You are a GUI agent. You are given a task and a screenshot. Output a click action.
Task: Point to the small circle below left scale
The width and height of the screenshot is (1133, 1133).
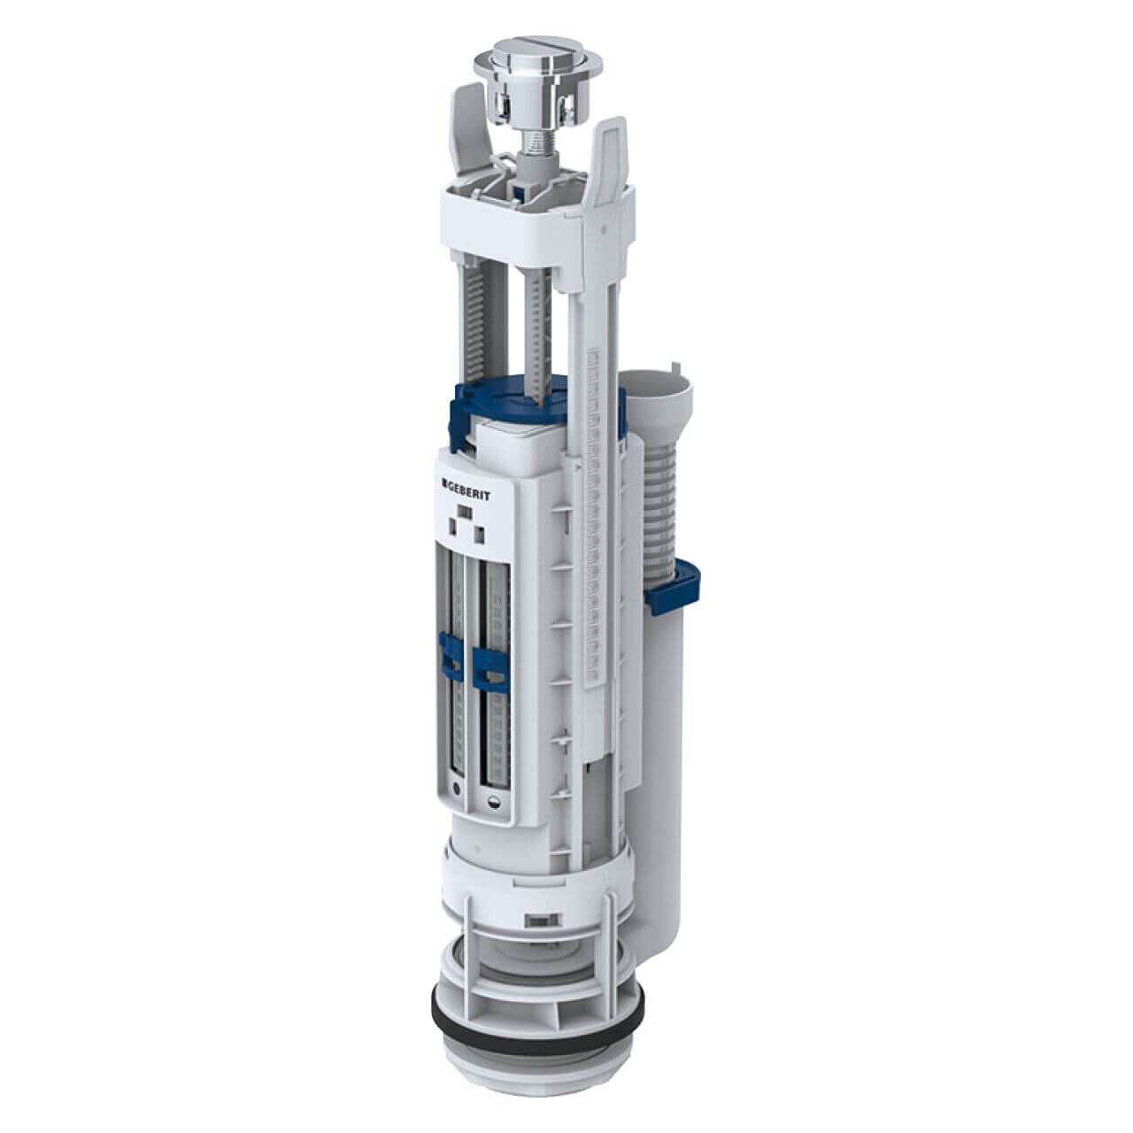click(x=454, y=788)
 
